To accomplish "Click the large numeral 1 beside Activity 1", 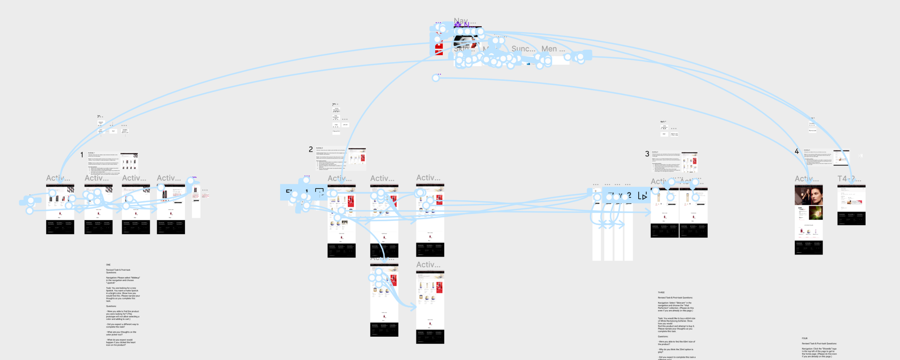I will click(82, 155).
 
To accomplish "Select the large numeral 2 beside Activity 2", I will click(311, 149).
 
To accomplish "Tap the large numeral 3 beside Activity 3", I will click(647, 154).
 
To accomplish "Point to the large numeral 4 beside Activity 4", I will click(797, 152).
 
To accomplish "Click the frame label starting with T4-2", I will click(849, 179).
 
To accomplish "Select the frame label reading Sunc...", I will click(523, 49).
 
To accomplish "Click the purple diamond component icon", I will click(458, 24).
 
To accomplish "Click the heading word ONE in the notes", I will click(108, 265).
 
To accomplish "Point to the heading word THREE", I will click(661, 293).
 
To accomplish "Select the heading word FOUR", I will click(805, 338).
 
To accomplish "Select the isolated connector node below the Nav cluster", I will click(436, 78).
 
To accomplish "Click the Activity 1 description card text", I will click(103, 164).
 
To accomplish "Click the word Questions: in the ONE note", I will click(111, 306).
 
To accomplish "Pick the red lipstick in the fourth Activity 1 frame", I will click(165, 194).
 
